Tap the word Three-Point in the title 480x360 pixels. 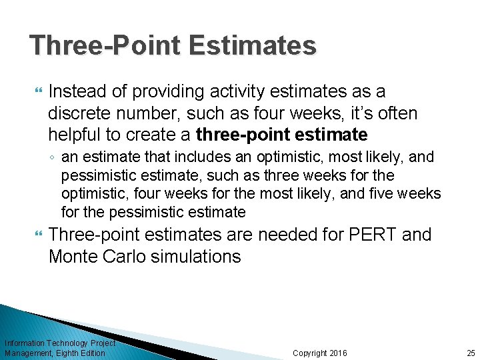point(105,45)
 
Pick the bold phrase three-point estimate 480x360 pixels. point(282,135)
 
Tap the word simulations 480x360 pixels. point(197,257)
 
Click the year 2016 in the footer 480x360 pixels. point(338,353)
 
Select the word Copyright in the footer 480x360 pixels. point(310,353)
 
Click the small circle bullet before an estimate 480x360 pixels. point(53,158)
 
